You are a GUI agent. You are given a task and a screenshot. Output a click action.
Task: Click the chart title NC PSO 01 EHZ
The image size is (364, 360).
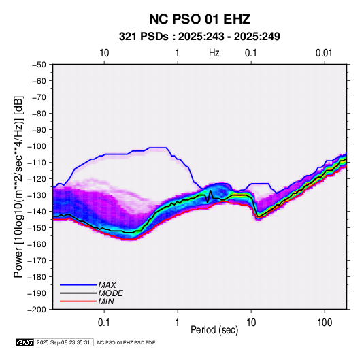(x=199, y=19)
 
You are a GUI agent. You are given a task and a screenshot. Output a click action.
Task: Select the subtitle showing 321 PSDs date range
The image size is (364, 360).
(x=199, y=37)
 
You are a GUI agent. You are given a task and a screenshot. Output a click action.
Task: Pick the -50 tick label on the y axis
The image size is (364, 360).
(x=39, y=65)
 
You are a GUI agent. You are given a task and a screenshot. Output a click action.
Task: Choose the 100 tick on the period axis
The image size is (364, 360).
(x=325, y=323)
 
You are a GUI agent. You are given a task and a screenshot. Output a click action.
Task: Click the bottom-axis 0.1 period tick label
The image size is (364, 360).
(x=104, y=323)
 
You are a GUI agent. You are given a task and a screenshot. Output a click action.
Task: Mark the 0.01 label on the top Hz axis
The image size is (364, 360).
(x=324, y=53)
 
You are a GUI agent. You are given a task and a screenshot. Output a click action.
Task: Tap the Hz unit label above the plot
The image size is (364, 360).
(x=214, y=53)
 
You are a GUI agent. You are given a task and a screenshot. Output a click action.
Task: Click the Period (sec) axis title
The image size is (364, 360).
(x=214, y=330)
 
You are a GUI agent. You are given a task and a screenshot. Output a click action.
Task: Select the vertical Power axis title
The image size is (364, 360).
(x=18, y=186)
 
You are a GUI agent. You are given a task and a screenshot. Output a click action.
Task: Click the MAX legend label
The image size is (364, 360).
(x=107, y=285)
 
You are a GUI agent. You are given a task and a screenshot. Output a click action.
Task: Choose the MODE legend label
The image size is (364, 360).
(x=110, y=293)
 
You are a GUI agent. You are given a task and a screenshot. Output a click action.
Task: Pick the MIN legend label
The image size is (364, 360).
(x=106, y=301)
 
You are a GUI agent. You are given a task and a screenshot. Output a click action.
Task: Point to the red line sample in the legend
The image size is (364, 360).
(x=78, y=301)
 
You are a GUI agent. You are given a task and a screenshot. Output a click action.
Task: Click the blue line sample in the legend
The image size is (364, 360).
(x=78, y=285)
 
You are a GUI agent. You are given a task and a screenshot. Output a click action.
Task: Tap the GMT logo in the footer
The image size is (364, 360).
(x=25, y=342)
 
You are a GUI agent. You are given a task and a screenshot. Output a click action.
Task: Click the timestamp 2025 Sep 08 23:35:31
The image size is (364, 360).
(x=63, y=342)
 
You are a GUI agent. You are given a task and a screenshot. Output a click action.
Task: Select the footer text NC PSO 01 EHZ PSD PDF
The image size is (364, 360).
(x=126, y=343)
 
